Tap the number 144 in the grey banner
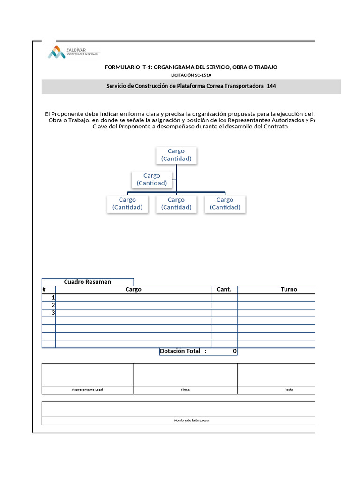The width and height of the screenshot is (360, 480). pos(271,86)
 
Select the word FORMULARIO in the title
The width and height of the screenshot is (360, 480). pos(122,67)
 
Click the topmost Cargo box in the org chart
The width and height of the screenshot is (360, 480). pos(176,155)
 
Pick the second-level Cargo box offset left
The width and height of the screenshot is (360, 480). pos(152,179)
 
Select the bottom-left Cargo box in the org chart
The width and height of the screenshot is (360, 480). pos(127,203)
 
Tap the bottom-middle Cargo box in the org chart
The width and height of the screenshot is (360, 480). pos(176,203)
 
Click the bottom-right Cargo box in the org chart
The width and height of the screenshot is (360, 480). pos(225,203)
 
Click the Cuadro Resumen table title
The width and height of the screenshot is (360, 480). pos(88,282)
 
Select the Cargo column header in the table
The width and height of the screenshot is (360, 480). pos(133,290)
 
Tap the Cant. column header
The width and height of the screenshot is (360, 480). pos(224,290)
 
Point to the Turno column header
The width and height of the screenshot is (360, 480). pos(289,290)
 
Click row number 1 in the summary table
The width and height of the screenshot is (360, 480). pos(53,298)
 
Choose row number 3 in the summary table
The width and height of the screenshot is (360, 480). pos(53,313)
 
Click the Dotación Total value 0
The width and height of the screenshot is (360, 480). pos(234,351)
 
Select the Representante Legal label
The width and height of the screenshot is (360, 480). pos(88,390)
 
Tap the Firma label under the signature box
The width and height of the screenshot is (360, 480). pos(185,390)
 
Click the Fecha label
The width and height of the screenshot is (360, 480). pos(289,390)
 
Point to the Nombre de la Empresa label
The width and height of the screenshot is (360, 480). pos(191,420)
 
